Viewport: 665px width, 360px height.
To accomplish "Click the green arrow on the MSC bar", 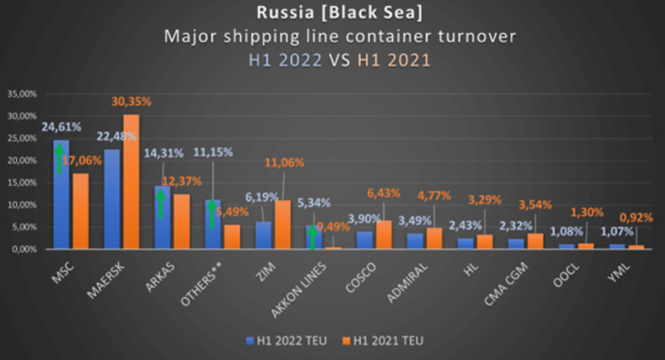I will pyautogui.click(x=58, y=158).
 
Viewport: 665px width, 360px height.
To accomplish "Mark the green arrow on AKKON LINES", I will pyautogui.click(x=313, y=238).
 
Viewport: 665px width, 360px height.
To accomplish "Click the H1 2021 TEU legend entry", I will pyautogui.click(x=384, y=341).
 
